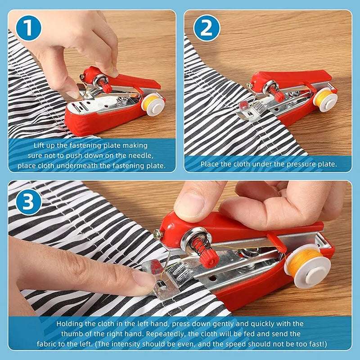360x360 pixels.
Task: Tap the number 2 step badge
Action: coord(207,28)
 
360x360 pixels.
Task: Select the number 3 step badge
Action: coord(27,202)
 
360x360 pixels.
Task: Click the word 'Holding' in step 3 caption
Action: coord(71,324)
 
